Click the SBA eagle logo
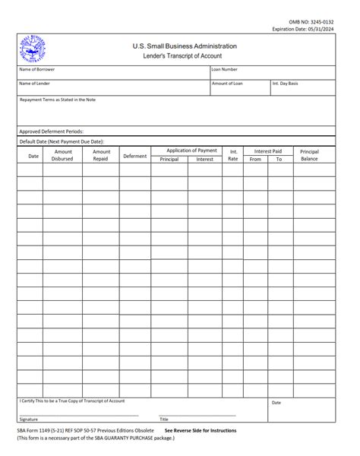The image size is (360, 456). pos(33,50)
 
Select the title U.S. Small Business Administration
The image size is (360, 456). pos(185,46)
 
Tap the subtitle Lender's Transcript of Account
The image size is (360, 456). pos(185,57)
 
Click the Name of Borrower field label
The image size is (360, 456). pos(36,69)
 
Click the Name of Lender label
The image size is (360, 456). pos(34,83)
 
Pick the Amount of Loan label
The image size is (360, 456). pos(227,83)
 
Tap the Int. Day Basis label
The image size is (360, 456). pos(285,83)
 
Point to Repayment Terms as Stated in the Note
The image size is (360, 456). pos(58,100)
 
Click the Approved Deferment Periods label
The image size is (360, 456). pos(52,131)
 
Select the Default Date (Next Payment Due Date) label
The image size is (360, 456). pos(62,141)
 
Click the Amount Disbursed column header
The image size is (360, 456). pos(62,155)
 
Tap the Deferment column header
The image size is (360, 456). pos(135,156)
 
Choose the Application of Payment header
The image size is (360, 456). pos(191,150)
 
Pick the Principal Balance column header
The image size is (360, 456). pos(309,155)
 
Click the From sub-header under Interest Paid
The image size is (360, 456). pos(255,160)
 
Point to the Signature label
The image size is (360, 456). pos(29,420)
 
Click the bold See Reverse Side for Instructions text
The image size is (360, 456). pos(200,430)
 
